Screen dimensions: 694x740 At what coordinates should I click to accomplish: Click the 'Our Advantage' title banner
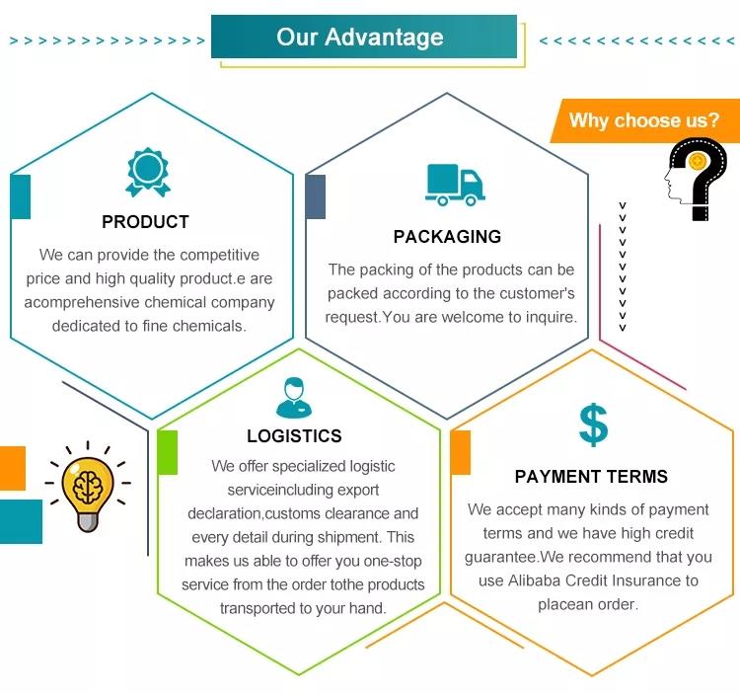[363, 38]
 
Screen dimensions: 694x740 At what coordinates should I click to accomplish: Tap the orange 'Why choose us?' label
[644, 121]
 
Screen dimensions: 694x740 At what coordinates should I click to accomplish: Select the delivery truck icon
[455, 184]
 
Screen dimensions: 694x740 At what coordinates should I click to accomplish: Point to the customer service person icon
[293, 396]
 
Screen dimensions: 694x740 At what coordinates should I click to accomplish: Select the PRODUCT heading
[145, 222]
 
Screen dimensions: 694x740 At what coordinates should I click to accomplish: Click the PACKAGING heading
[447, 237]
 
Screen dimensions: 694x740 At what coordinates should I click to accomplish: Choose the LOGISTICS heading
[294, 436]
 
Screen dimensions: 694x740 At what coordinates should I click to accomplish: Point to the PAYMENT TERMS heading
[591, 477]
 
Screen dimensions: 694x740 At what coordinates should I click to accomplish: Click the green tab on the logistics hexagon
[168, 453]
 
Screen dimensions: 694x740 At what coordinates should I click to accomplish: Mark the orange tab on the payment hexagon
[460, 453]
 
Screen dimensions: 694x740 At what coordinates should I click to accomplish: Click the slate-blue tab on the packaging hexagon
[316, 196]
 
